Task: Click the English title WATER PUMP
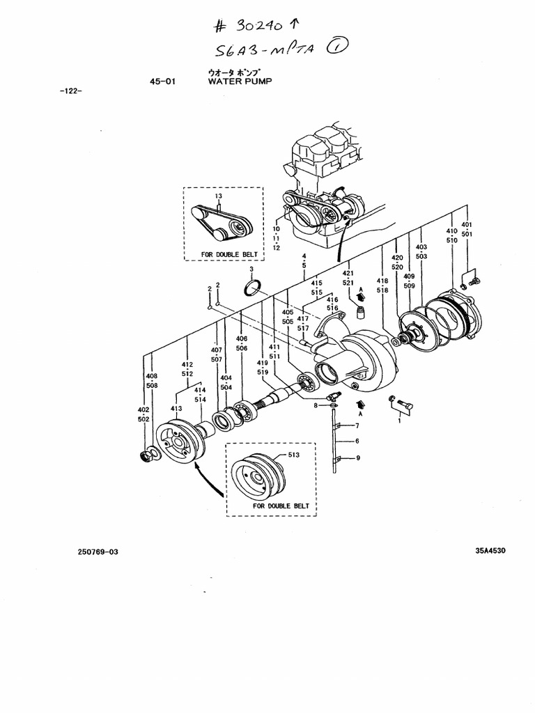coord(240,81)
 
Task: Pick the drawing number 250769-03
coord(98,551)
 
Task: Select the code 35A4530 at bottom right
coord(490,550)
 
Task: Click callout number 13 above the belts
coord(218,196)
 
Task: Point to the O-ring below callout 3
coord(254,288)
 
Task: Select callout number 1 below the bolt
coord(400,420)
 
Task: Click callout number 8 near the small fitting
coord(316,405)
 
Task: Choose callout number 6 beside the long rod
coord(357,441)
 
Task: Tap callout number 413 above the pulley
coord(176,409)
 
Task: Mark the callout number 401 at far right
coord(467,225)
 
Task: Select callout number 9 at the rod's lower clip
coord(357,457)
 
